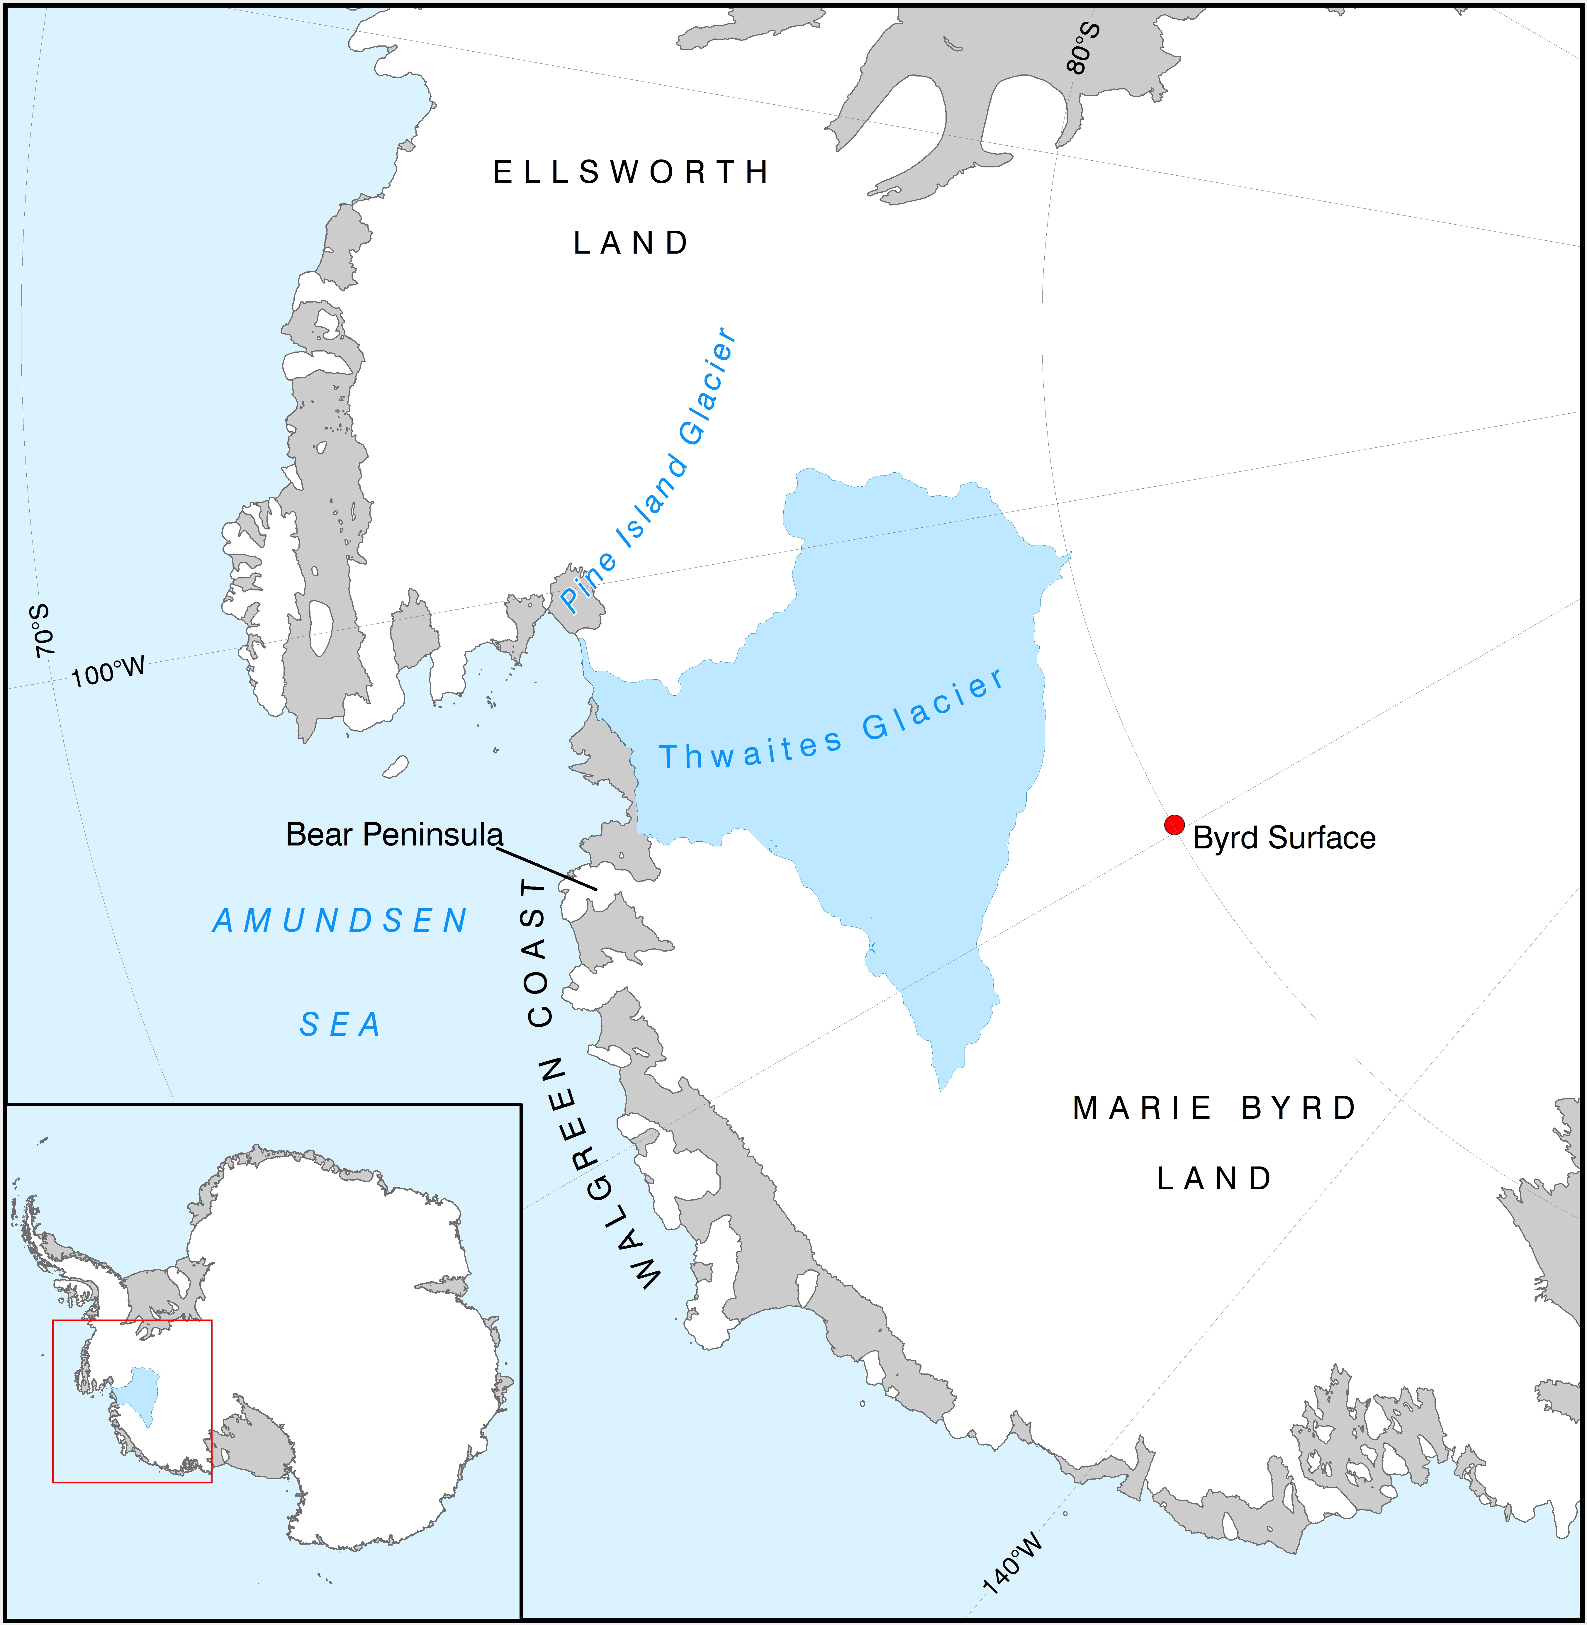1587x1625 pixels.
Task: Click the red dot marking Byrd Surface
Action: [x=1174, y=825]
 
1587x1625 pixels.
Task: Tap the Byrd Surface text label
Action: [x=1284, y=838]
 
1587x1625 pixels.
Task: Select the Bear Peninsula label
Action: [x=394, y=834]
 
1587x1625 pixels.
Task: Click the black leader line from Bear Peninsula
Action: [x=548, y=869]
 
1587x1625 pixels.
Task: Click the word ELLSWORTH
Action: [x=631, y=172]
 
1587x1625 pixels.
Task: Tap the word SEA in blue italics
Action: [x=340, y=1024]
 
